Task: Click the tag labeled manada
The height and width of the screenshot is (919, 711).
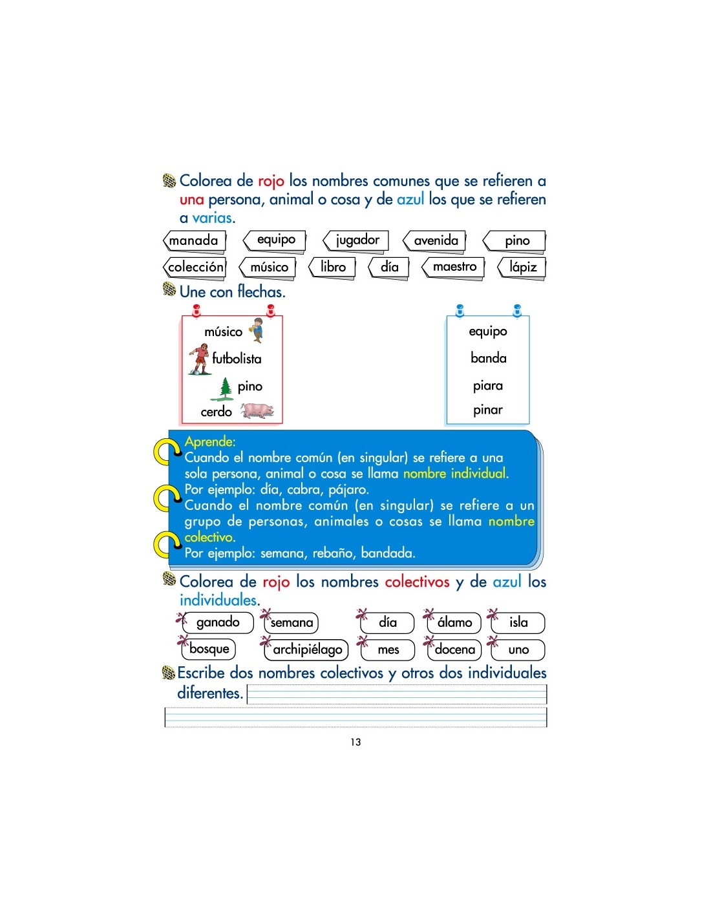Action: [x=194, y=242]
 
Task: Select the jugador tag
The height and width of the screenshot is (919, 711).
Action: [x=355, y=242]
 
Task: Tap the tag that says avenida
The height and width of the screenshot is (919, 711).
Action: [x=434, y=242]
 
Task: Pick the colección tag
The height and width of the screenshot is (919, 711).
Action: [x=195, y=268]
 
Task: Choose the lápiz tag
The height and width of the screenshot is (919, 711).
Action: [x=522, y=268]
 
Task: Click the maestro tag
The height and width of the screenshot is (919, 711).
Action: [x=453, y=268]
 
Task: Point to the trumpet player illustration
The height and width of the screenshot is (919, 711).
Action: [x=257, y=330]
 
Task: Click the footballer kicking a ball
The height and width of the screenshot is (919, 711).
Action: [x=200, y=359]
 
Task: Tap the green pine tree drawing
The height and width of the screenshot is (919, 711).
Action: [x=222, y=388]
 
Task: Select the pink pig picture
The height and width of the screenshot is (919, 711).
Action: [x=257, y=410]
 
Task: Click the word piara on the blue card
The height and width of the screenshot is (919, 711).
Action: [x=487, y=385]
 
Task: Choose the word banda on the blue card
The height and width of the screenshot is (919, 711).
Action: [x=488, y=358]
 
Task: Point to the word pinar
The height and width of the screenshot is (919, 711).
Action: [x=487, y=409]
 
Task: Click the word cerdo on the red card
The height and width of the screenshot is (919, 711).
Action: [x=216, y=412]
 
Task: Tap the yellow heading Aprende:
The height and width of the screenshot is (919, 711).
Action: [x=210, y=441]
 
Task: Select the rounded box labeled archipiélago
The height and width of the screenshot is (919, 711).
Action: [x=306, y=649]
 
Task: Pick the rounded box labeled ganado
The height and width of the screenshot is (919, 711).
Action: [x=217, y=622]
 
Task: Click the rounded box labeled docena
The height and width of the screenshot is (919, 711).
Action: [x=454, y=649]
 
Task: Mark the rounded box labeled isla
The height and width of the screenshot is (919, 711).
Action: [x=518, y=622]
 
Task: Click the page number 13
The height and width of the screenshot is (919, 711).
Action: [x=355, y=742]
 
